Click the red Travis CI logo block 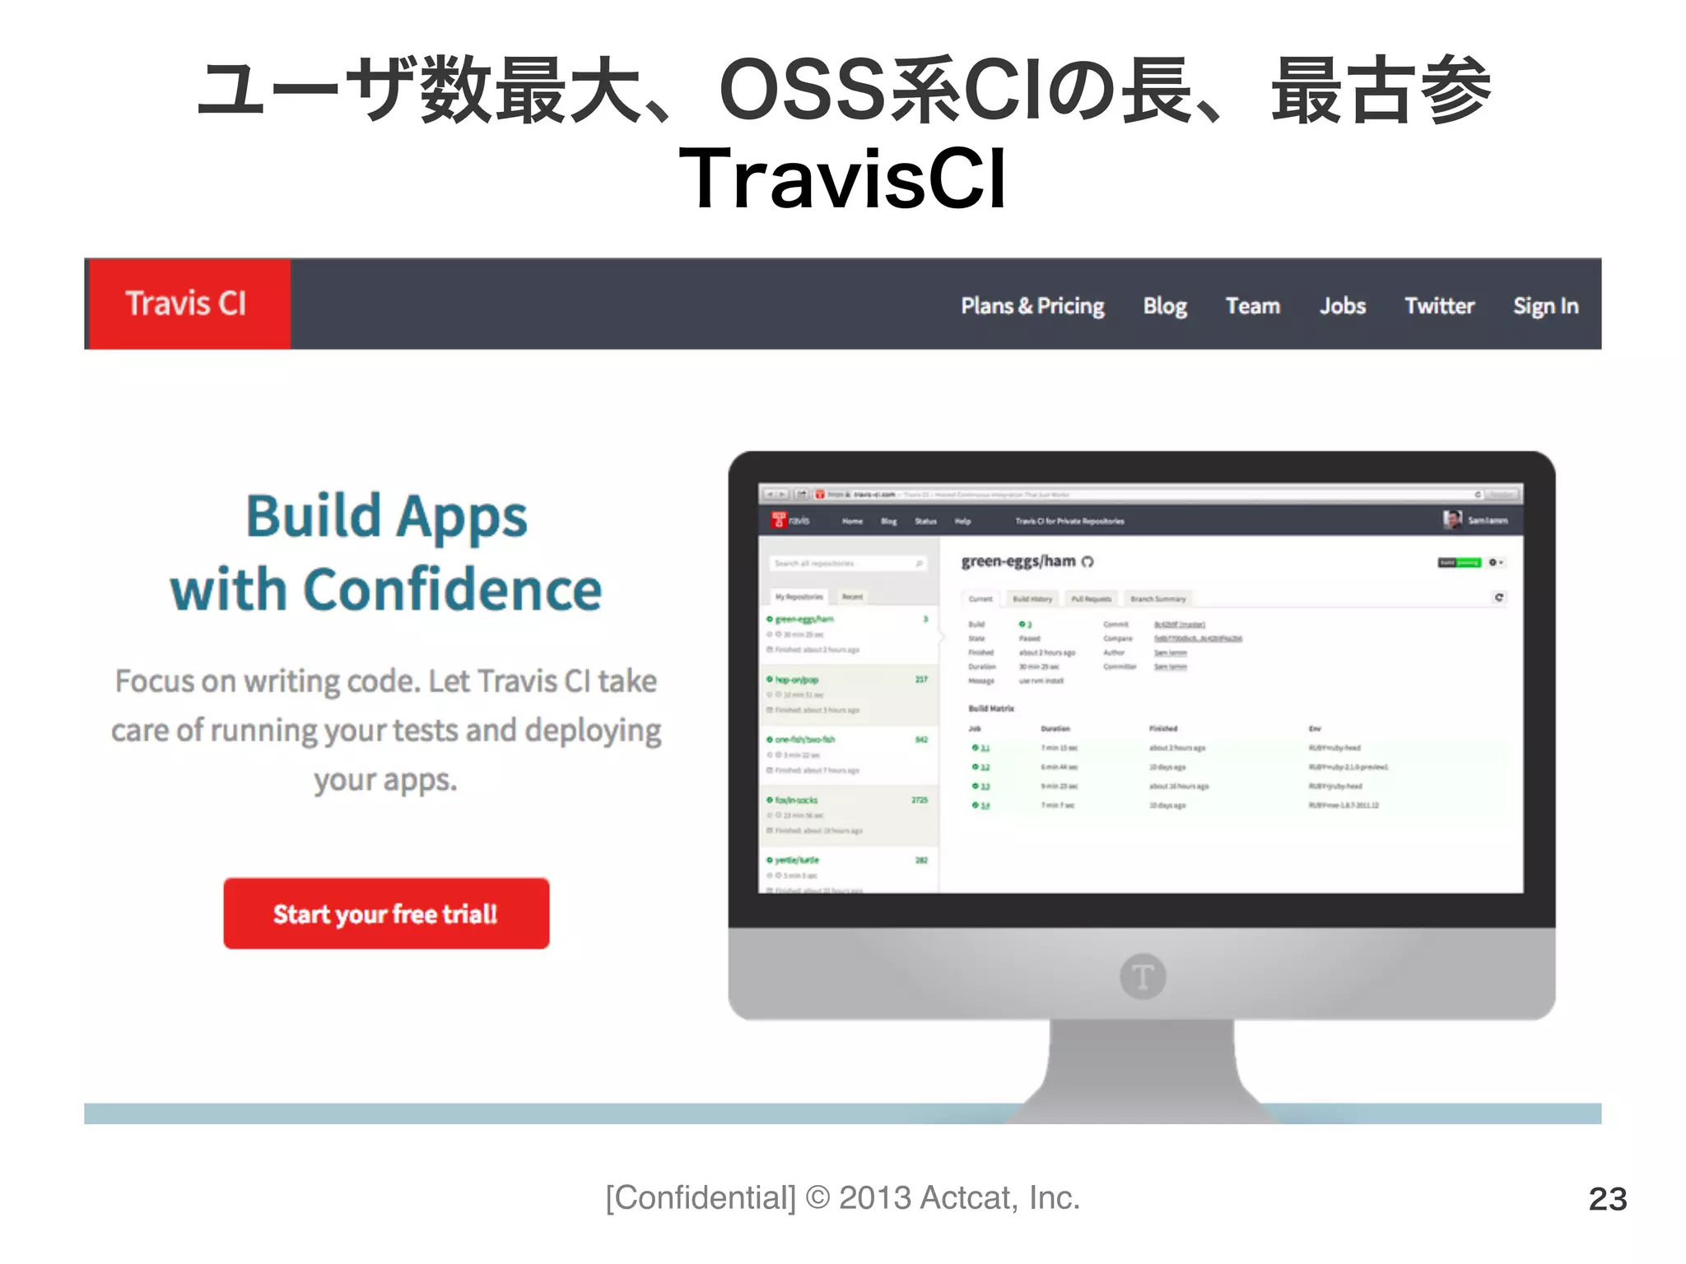188,304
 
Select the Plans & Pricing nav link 1032,306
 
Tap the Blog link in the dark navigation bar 1165,306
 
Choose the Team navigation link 1253,306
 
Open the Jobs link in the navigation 1343,306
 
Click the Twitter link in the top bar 1439,306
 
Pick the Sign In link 1545,306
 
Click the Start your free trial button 386,913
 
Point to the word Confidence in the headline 453,590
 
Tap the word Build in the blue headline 314,517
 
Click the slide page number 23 1607,1199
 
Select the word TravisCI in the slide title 843,179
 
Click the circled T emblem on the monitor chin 1143,977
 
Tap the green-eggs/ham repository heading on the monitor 1019,561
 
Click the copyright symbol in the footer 817,1198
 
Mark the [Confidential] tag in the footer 701,1198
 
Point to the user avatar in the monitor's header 1452,519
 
